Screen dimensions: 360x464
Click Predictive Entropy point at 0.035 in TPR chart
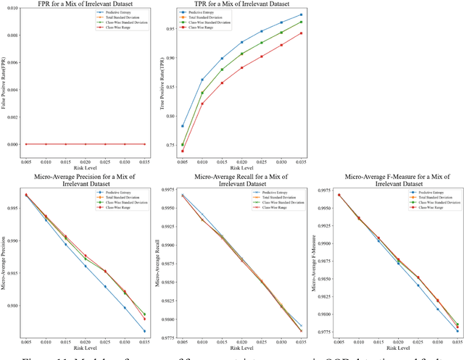tap(301, 15)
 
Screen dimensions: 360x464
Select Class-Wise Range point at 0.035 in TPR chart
tap(301, 33)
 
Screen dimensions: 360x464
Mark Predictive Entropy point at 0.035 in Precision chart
tap(144, 331)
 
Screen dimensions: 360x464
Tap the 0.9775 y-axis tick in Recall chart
tap(166, 338)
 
